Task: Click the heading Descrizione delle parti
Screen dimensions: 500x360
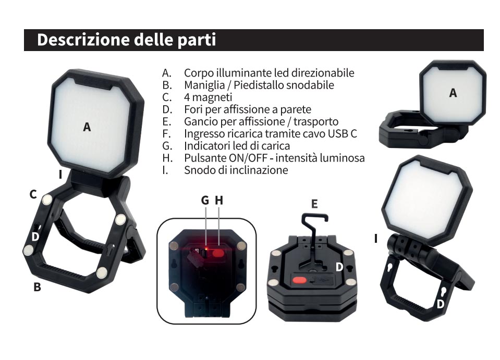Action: (x=126, y=40)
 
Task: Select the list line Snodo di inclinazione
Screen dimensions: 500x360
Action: (x=236, y=170)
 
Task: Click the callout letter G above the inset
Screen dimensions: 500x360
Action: (x=205, y=201)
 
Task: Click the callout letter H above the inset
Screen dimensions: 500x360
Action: (x=219, y=201)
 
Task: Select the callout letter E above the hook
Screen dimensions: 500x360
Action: (x=314, y=204)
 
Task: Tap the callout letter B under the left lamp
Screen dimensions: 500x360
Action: (x=38, y=287)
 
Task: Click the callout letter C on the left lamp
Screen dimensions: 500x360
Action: (x=33, y=194)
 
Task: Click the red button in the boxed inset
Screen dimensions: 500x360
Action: (x=218, y=253)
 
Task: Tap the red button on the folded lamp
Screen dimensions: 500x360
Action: (x=299, y=280)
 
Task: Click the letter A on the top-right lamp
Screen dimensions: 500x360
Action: (x=453, y=93)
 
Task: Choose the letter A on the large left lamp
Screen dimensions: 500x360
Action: (x=87, y=127)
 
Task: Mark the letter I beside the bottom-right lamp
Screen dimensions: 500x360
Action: (x=376, y=238)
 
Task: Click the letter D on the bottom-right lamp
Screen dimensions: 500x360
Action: (x=440, y=304)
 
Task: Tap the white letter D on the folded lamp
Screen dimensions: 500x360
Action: (x=339, y=267)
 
